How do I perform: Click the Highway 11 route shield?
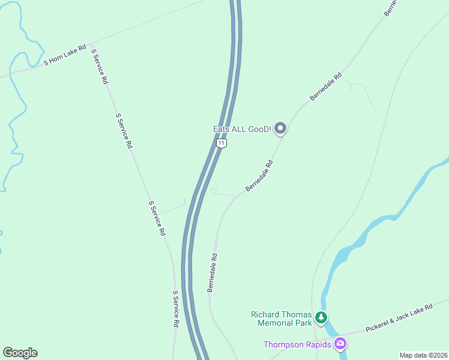coord(222,143)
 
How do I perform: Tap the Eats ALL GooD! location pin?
coord(280,128)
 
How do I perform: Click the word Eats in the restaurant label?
coord(222,129)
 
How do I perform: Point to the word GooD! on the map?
coord(257,129)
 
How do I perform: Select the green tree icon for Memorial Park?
coord(322,317)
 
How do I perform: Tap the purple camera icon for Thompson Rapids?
coord(340,344)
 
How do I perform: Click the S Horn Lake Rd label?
coord(65,55)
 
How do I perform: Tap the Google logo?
coord(20,353)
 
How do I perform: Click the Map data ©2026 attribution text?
coord(423,355)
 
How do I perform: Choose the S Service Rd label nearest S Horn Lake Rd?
coord(100,66)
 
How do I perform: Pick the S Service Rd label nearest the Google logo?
coord(176,308)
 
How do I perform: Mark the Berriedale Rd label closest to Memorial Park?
coord(212,272)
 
